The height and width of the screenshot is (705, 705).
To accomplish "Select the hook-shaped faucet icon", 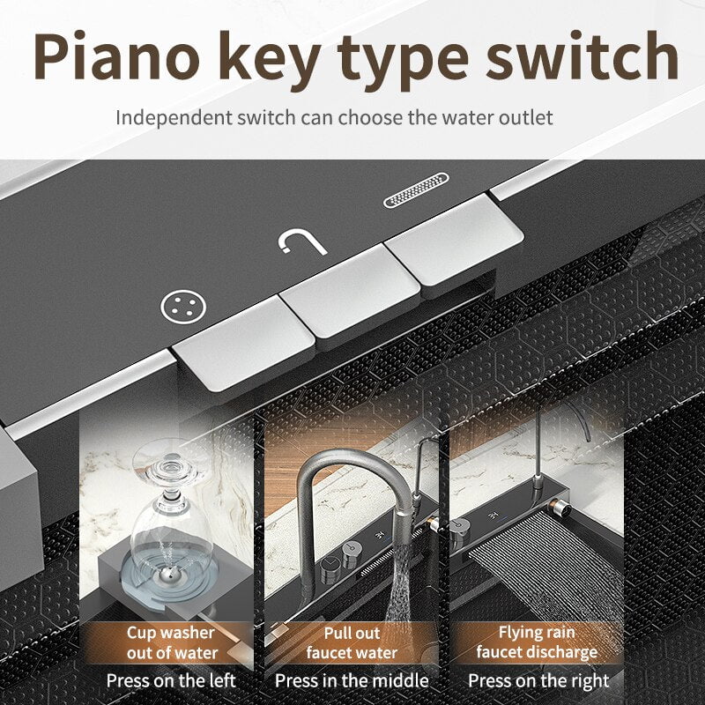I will pyautogui.click(x=291, y=244).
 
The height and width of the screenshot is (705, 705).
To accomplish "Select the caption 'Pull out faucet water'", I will pyautogui.click(x=352, y=642).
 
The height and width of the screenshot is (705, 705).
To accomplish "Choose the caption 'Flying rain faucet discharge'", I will pyautogui.click(x=537, y=642).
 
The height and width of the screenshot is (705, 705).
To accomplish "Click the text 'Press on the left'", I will pyautogui.click(x=171, y=680).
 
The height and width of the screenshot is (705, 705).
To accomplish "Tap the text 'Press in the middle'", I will pyautogui.click(x=352, y=680).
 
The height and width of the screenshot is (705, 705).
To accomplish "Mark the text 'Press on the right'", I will pyautogui.click(x=538, y=680).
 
